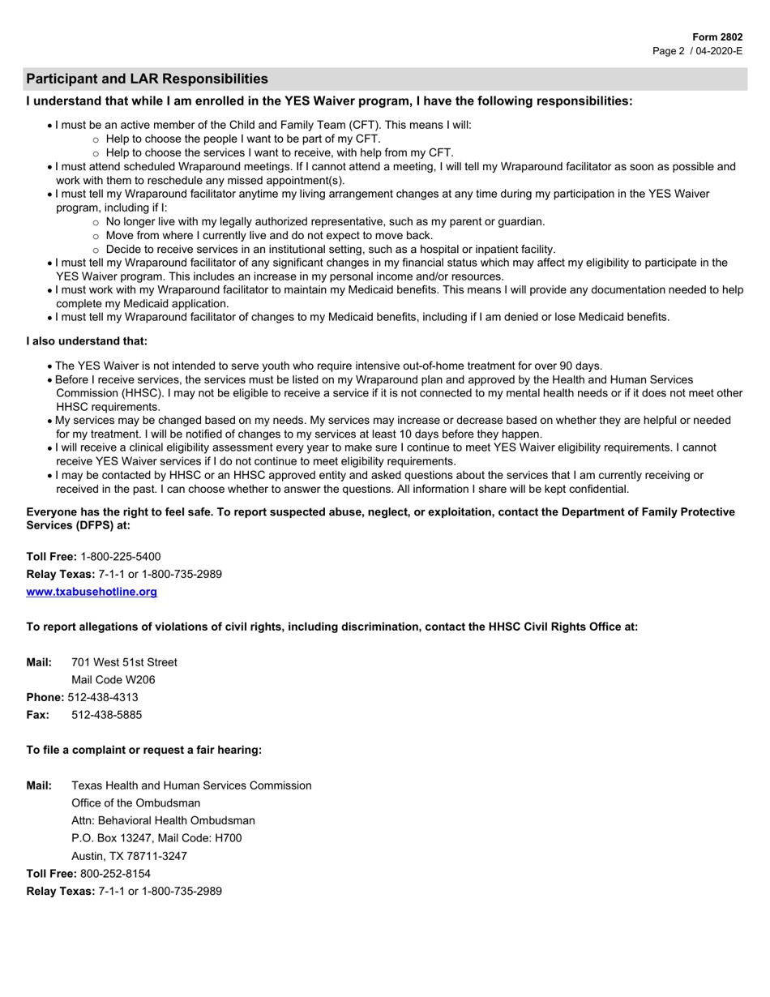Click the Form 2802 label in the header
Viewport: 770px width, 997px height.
click(x=717, y=37)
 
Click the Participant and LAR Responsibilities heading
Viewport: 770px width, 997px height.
click(x=147, y=79)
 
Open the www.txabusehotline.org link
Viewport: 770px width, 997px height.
click(x=92, y=592)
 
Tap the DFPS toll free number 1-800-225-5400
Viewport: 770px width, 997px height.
click(x=121, y=557)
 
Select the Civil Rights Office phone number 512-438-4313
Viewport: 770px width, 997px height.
click(x=103, y=697)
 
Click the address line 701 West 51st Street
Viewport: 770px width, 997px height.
click(x=124, y=662)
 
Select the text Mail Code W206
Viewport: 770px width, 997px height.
click(x=113, y=680)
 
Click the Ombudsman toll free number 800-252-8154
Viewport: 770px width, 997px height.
click(x=115, y=874)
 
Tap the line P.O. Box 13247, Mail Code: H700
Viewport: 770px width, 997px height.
click(x=156, y=838)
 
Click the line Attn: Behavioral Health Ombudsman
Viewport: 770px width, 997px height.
click(x=163, y=820)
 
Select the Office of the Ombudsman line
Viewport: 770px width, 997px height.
click(x=135, y=803)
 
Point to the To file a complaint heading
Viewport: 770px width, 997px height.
click(x=143, y=750)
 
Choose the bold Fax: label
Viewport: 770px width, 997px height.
click(x=37, y=715)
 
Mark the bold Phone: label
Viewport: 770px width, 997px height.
click(x=45, y=697)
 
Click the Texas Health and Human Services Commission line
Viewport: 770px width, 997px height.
click(x=191, y=785)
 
